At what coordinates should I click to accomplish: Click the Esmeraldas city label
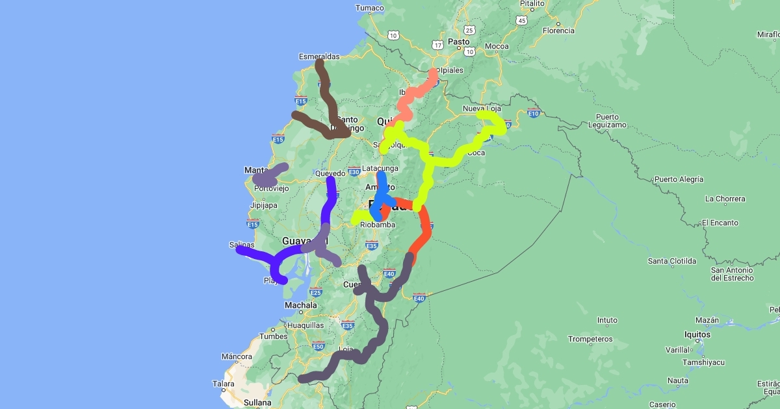click(x=318, y=56)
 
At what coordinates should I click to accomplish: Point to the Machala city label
click(x=301, y=305)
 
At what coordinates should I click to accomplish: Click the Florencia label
click(x=558, y=31)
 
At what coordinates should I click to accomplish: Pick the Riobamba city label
click(x=377, y=225)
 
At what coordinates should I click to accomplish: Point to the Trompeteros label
click(x=590, y=339)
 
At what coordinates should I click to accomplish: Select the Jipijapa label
click(x=263, y=206)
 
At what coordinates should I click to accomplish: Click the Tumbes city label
click(x=274, y=336)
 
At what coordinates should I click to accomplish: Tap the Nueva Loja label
click(x=482, y=108)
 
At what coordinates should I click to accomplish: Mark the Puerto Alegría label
click(x=679, y=179)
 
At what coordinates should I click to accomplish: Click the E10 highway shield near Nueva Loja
click(x=534, y=114)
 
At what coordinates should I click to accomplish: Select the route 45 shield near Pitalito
click(x=521, y=21)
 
